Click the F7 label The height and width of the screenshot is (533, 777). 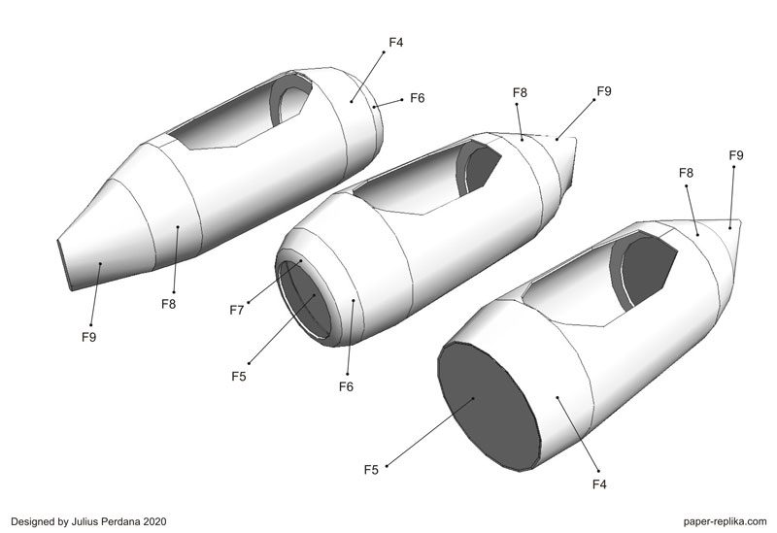(236, 310)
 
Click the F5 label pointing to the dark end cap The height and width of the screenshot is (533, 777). (371, 470)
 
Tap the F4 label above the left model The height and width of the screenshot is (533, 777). (396, 43)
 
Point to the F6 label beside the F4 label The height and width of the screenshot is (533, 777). (418, 98)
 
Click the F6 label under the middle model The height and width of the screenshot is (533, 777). (346, 386)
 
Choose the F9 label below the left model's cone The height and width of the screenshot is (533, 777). (89, 337)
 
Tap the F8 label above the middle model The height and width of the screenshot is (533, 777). (521, 93)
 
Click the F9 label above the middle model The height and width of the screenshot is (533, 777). (604, 91)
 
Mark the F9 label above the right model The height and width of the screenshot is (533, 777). (736, 155)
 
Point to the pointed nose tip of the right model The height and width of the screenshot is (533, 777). (743, 224)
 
